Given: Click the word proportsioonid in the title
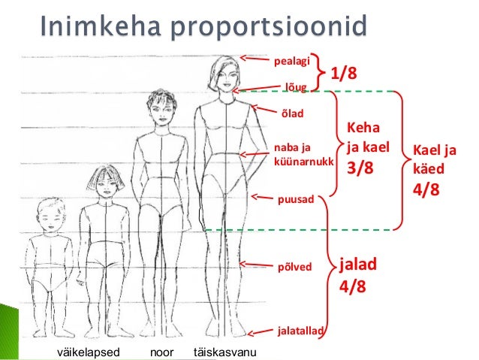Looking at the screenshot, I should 267,31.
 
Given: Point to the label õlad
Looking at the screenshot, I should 291,114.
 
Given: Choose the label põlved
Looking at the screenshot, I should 294,265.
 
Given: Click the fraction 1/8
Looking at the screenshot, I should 344,73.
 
